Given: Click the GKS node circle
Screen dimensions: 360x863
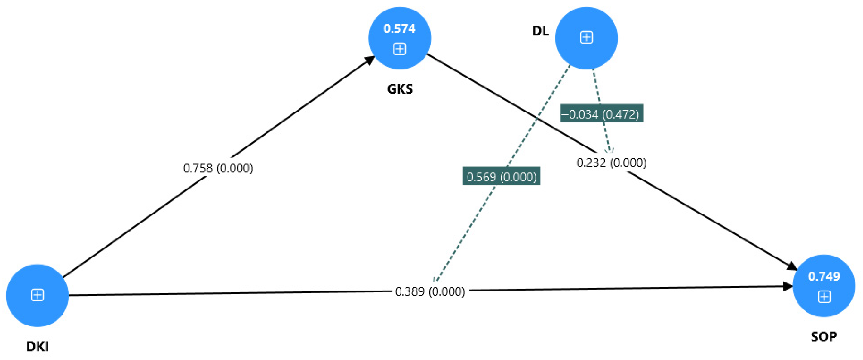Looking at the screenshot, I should click(x=400, y=38).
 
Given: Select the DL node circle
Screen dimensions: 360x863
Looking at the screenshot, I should click(x=586, y=38).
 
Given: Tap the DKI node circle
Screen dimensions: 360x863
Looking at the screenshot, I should click(x=38, y=295).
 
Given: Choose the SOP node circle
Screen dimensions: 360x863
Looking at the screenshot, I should click(x=824, y=286).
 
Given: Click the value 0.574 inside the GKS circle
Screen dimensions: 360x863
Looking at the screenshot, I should click(x=399, y=29).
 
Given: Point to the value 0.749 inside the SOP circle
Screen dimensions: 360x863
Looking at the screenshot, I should click(x=824, y=276).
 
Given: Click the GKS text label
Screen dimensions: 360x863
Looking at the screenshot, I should click(x=400, y=89).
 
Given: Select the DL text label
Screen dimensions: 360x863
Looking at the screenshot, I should click(x=540, y=31).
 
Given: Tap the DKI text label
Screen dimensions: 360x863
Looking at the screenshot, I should click(x=38, y=346).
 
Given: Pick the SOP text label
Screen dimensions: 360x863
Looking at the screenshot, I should click(x=824, y=337).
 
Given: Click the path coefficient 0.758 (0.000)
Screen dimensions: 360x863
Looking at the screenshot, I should click(x=218, y=168).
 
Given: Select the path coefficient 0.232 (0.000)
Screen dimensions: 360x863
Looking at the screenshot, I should click(x=611, y=163).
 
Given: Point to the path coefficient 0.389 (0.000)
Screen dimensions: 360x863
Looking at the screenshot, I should click(x=430, y=291).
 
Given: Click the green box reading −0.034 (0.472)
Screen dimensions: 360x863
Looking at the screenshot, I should click(x=602, y=114).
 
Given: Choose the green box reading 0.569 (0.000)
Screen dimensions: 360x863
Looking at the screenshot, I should click(x=502, y=177).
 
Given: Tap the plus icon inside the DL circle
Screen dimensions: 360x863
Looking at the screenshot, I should click(x=586, y=37).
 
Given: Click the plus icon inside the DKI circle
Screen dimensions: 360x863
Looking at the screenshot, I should click(x=38, y=295).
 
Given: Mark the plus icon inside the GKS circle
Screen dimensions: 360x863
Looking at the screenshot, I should click(x=399, y=49).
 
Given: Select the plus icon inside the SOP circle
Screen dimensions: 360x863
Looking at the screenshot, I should click(x=824, y=297).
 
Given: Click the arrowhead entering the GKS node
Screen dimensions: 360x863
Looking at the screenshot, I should click(x=370, y=60).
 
